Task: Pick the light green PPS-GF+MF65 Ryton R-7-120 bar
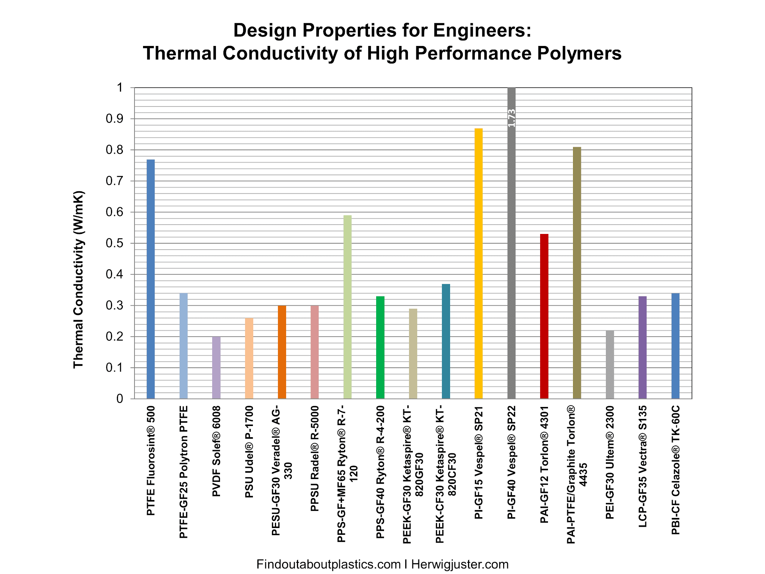347,307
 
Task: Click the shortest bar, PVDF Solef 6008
216,368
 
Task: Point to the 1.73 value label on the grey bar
511,118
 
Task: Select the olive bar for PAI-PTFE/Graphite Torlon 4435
577,273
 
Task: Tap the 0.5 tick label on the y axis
114,243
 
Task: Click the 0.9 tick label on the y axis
114,119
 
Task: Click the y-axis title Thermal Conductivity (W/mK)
78,280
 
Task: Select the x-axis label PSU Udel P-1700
249,452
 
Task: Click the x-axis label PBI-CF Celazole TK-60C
675,470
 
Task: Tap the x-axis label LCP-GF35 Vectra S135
642,466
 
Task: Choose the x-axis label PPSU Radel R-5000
315,458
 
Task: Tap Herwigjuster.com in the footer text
460,564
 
